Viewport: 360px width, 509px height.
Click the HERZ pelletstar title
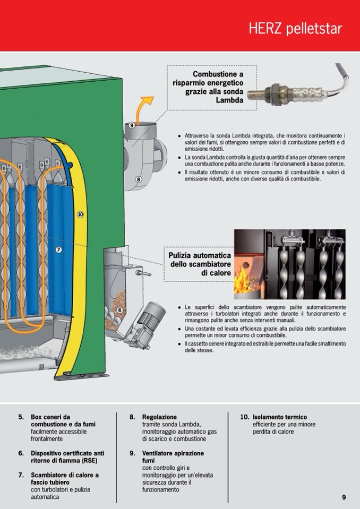tap(295, 29)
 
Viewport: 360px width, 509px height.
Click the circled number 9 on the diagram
tap(132, 125)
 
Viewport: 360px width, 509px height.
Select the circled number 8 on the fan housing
tap(139, 179)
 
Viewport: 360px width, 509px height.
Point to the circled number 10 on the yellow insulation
tap(80, 214)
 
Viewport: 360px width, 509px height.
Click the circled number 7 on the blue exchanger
tap(58, 249)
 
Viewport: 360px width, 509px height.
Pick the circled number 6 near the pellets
tap(119, 310)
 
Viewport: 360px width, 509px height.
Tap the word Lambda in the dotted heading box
tap(230, 100)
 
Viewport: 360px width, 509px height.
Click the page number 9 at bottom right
tap(344, 497)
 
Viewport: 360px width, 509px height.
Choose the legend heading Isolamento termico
tap(279, 417)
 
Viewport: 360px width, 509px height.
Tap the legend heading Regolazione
tap(159, 417)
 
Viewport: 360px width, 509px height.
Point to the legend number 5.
tap(21, 417)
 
